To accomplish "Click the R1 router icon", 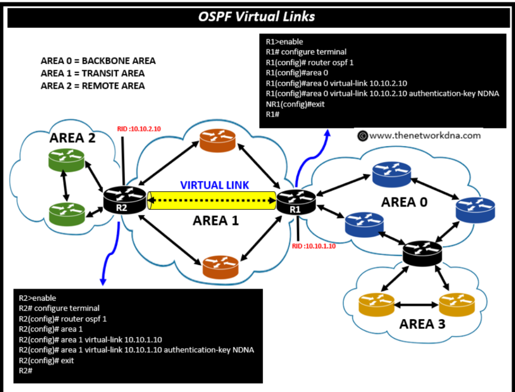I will pos(296,201).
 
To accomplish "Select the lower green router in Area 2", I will pos(66,214).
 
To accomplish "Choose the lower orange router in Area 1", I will pos(220,267).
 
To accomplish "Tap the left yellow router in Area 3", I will pos(377,304).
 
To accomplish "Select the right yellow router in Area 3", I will pos(457,304).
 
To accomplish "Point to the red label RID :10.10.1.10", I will pos(314,246).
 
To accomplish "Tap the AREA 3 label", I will pos(422,324).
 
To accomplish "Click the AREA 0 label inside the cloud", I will pos(404,202).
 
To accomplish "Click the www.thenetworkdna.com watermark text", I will pos(425,136).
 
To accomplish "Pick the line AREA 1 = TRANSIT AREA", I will pos(93,73).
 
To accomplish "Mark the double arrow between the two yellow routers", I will pos(417,304).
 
